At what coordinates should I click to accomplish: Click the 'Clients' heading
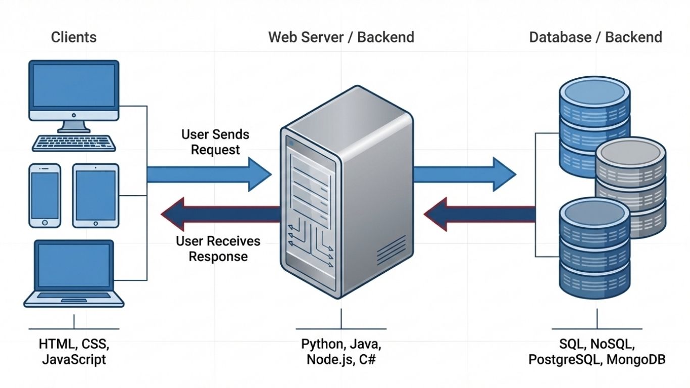tap(74, 37)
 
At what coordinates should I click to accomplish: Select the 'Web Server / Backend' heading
tap(341, 37)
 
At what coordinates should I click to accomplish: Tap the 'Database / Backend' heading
tap(596, 37)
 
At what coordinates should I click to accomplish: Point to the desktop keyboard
tap(74, 143)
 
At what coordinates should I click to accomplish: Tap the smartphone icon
tap(44, 195)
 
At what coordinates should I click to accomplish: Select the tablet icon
tap(95, 195)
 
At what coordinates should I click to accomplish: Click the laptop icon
tap(74, 273)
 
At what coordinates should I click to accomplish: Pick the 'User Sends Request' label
tap(215, 142)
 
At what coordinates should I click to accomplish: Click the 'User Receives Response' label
tap(218, 249)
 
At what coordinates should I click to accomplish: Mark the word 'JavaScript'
tap(74, 360)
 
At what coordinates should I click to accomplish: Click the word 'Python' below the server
tap(321, 345)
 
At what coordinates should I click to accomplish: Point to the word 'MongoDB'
tap(635, 360)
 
